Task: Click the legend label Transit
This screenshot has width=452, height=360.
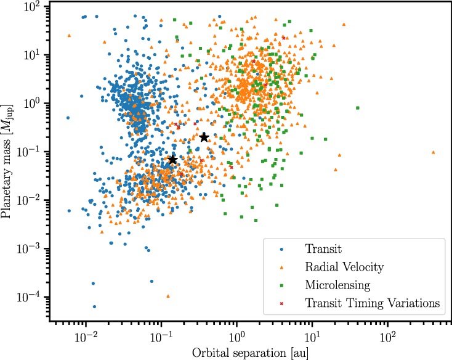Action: tap(323, 249)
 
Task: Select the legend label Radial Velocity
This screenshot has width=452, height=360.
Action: tap(344, 267)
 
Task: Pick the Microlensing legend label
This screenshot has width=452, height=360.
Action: tap(337, 285)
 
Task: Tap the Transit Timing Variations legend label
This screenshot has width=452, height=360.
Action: tap(372, 303)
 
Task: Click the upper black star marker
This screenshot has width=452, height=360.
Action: tap(204, 137)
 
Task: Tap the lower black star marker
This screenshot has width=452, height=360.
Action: tap(172, 160)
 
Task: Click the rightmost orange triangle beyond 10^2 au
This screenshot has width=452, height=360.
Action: tap(434, 152)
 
